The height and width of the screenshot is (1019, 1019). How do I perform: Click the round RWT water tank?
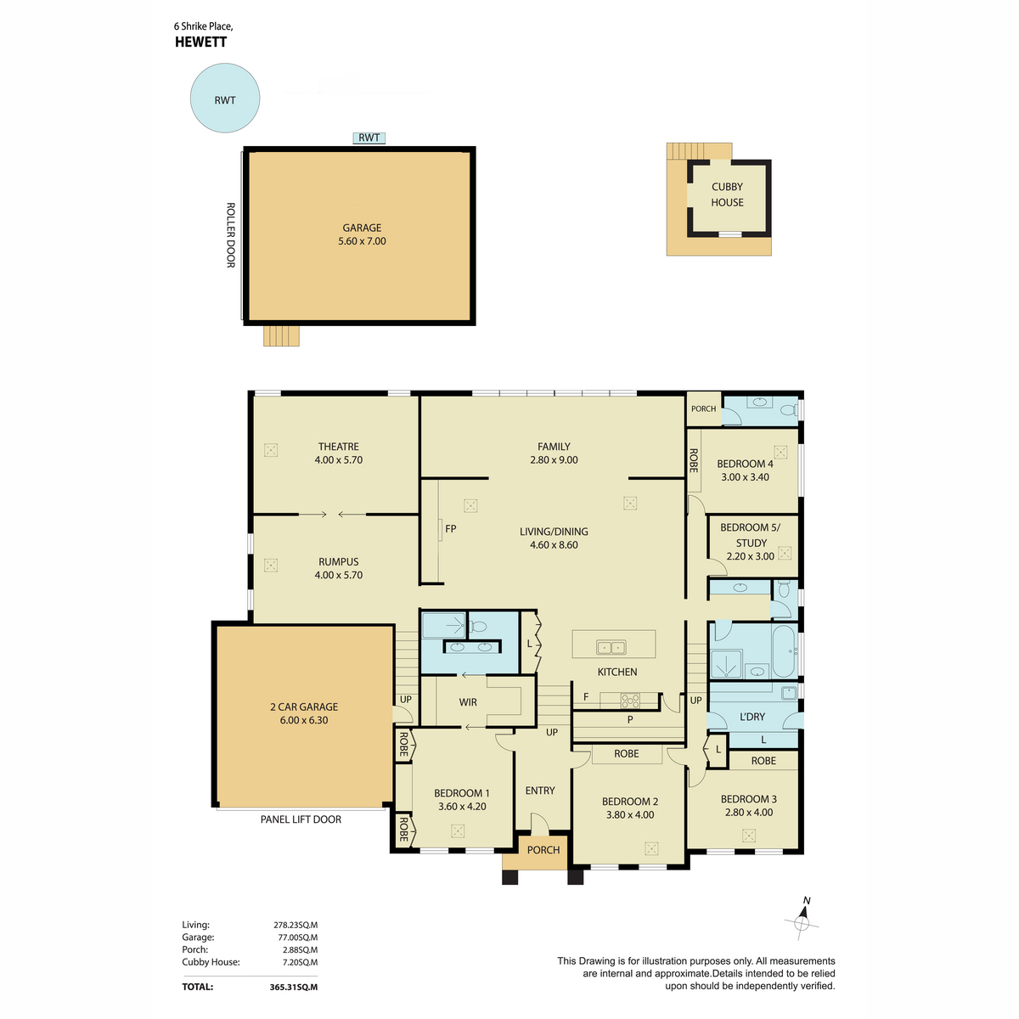pos(225,98)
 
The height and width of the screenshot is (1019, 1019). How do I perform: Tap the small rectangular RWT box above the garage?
pos(369,138)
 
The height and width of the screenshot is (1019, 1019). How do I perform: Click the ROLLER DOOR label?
pos(231,234)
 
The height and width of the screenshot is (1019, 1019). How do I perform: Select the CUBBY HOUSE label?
pos(727,194)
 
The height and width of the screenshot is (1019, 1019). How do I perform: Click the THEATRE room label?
pos(339,447)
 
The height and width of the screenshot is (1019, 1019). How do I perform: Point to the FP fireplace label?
pos(451,528)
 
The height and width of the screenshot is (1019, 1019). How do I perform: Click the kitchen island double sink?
pos(611,647)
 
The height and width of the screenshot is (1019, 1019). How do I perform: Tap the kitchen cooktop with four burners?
pos(630,701)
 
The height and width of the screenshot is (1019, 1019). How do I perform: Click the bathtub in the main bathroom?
pos(784,651)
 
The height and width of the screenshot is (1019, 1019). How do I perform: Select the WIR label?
pos(468,702)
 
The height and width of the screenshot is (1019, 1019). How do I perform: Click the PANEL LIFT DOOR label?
pos(301,819)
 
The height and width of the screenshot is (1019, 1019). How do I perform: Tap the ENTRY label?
pos(540,791)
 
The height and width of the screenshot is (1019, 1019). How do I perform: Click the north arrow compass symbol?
pos(802,923)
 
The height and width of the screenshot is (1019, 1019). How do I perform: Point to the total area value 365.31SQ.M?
pos(294,987)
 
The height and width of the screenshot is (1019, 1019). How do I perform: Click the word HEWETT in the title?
pos(201,42)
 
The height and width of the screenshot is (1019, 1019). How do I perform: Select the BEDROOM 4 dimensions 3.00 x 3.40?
pos(745,477)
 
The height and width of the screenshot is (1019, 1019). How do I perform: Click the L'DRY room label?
pos(752,717)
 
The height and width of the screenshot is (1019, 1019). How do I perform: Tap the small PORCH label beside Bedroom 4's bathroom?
pos(703,408)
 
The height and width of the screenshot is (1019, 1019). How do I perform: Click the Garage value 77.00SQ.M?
pos(298,937)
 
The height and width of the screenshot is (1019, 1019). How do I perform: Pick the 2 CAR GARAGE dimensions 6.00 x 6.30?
pos(304,720)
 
